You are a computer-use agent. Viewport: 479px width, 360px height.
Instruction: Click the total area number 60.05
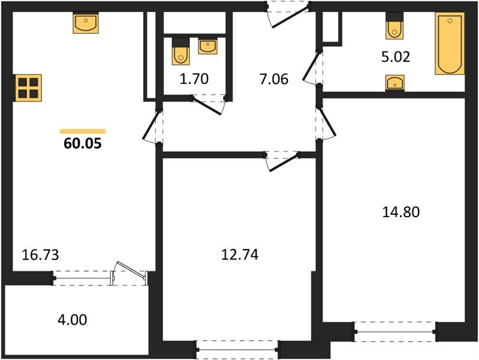tap(82, 144)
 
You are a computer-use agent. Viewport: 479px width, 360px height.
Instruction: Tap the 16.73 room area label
tap(41, 254)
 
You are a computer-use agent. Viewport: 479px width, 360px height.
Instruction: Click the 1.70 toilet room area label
tap(194, 79)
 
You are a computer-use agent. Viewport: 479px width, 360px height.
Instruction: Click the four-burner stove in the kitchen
tap(28, 86)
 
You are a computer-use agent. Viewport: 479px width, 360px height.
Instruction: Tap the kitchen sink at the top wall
tap(86, 23)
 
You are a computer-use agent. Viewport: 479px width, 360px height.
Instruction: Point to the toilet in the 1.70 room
tap(180, 52)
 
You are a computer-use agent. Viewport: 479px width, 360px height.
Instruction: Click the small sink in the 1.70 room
tap(208, 46)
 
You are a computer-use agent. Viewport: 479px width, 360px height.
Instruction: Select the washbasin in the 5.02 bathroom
tap(394, 83)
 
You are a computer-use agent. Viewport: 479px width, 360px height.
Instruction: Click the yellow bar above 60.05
tap(82, 131)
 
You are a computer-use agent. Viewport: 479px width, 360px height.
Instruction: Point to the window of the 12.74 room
tap(238, 346)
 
